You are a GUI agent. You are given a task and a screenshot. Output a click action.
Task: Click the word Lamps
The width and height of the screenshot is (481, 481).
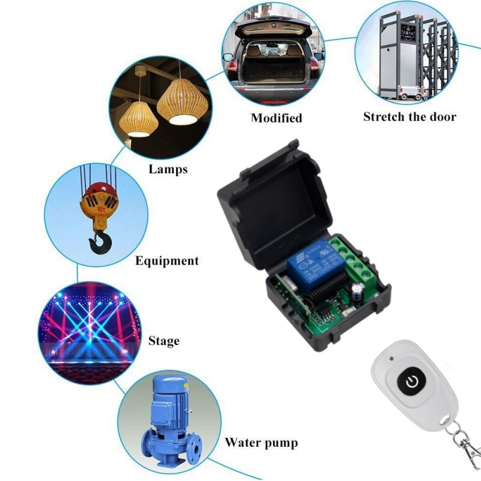168,169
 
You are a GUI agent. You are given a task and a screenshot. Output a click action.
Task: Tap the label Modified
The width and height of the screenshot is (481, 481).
277,118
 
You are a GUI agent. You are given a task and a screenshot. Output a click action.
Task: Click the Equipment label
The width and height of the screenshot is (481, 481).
167,261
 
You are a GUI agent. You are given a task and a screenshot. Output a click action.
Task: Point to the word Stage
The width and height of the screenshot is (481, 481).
164,341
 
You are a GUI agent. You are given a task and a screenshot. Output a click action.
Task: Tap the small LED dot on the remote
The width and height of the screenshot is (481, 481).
391,358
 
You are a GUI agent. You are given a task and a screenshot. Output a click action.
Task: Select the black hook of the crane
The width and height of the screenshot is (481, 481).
100,243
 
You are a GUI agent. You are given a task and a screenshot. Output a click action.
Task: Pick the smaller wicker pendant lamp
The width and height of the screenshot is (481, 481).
139,119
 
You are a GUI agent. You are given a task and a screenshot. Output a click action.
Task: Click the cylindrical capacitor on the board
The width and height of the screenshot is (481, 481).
358,293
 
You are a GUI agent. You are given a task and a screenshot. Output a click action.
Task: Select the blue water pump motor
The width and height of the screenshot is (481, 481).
170,401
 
